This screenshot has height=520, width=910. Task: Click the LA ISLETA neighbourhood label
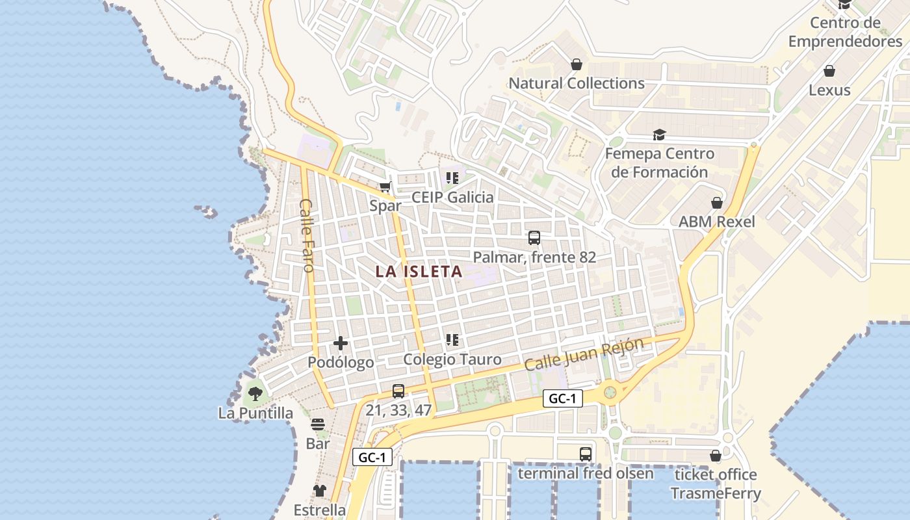coord(419,272)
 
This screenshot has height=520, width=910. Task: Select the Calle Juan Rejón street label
coord(584,354)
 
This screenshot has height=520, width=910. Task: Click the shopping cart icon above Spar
coord(385,187)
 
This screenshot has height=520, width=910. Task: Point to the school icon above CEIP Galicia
coord(452,177)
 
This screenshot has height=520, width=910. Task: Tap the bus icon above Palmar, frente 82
coord(534,238)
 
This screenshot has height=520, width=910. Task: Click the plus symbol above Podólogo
coord(340,343)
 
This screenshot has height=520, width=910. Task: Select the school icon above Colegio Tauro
coord(452,340)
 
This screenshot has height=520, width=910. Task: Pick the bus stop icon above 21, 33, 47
coord(398,391)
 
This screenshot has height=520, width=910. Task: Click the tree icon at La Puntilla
coord(255,393)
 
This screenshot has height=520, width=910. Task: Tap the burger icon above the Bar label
coord(318,424)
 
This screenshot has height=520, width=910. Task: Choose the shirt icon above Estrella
coord(319,490)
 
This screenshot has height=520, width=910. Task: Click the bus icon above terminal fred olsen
coord(586,454)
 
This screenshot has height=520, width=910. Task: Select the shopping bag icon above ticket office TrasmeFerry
coord(716,456)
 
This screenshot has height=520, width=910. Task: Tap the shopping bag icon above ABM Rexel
coord(717,203)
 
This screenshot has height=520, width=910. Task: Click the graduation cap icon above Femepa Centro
coord(660,135)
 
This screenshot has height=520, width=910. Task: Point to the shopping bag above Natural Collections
coord(576,64)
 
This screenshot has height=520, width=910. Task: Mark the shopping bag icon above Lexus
coord(829,71)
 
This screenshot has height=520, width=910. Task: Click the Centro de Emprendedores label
coord(845,32)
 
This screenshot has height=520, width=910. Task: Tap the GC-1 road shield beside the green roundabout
coord(562,399)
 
